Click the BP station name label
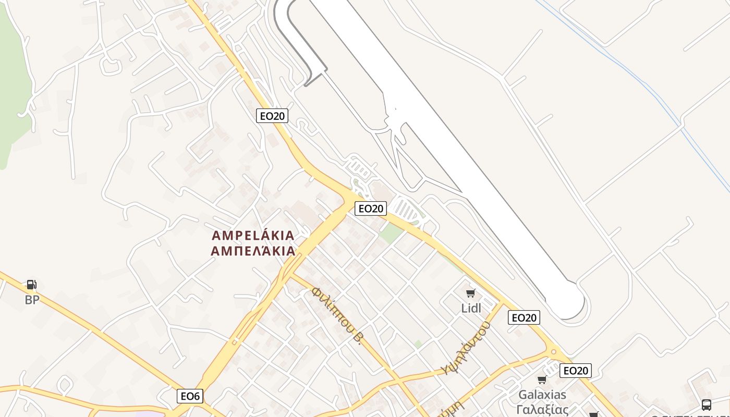point(32,300)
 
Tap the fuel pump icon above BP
point(32,285)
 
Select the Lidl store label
point(471,308)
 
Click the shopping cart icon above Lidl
point(471,293)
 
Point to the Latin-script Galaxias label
point(542,394)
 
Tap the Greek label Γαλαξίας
point(542,409)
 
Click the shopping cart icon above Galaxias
point(542,380)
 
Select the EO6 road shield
point(190,396)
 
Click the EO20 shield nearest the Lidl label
point(524,317)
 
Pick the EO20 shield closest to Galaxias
point(576,371)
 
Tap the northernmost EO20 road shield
point(272,116)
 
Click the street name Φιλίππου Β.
point(337,315)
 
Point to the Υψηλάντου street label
point(466,348)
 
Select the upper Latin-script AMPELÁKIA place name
point(253,236)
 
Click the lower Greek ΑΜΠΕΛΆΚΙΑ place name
point(253,251)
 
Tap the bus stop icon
point(706,404)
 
